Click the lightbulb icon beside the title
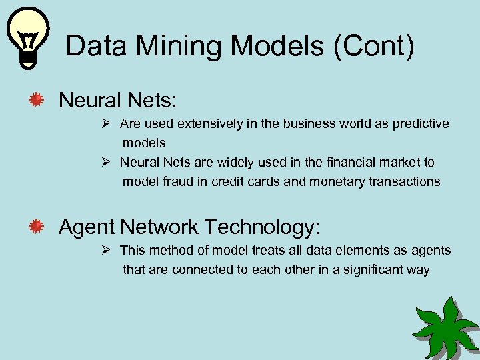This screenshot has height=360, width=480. (x=27, y=38)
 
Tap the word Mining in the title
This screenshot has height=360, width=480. (x=174, y=47)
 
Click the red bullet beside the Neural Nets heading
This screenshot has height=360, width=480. (x=36, y=101)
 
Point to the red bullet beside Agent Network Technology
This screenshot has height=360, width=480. (x=36, y=227)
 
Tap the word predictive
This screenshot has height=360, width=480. (x=421, y=124)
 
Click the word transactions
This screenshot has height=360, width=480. (x=404, y=181)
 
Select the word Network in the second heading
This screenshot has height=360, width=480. (x=159, y=227)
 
